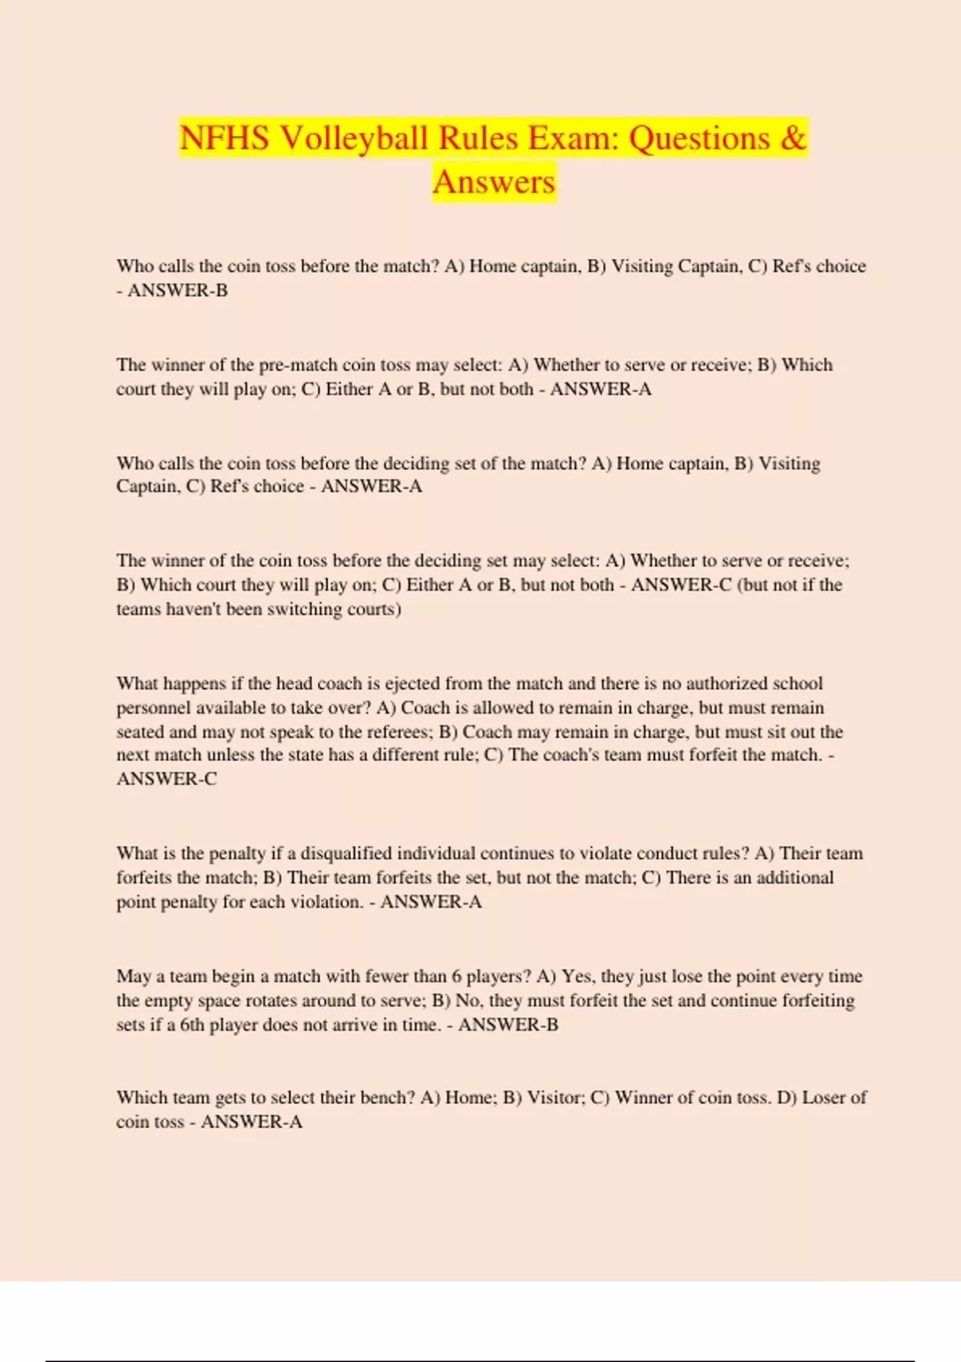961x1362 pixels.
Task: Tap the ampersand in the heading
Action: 791,139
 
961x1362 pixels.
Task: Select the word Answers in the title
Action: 493,182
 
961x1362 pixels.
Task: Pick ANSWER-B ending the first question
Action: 177,291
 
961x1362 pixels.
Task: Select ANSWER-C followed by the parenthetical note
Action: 681,586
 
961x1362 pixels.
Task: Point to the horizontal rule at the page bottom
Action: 480,1360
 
